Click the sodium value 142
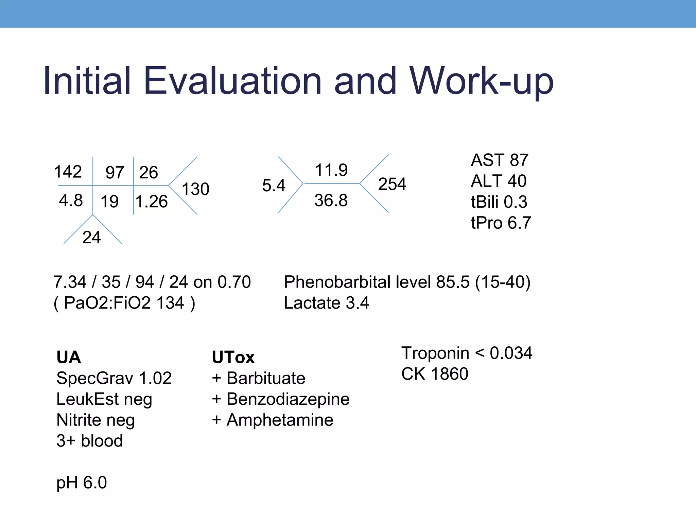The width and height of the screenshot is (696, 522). (x=68, y=172)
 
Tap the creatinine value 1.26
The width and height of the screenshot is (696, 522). (x=152, y=202)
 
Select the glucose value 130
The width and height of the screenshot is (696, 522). (x=195, y=189)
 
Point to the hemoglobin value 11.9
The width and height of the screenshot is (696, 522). (x=331, y=170)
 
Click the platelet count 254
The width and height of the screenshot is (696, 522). (x=392, y=184)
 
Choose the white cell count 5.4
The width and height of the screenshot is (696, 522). (x=274, y=186)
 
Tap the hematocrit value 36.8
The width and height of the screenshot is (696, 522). (x=331, y=200)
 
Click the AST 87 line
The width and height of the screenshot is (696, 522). (x=499, y=160)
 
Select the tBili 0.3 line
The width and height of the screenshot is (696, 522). (x=499, y=202)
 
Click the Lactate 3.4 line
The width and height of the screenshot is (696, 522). (x=326, y=303)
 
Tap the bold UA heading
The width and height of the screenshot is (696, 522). (x=69, y=357)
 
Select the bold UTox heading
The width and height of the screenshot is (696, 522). (x=233, y=357)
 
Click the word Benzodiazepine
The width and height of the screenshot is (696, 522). (x=288, y=399)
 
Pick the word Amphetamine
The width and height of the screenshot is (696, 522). (x=280, y=420)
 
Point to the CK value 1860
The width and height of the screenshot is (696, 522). (x=449, y=374)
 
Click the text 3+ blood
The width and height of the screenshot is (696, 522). (x=89, y=441)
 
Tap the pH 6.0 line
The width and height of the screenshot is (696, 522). (x=82, y=483)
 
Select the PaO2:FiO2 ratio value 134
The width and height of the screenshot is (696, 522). (x=170, y=303)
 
